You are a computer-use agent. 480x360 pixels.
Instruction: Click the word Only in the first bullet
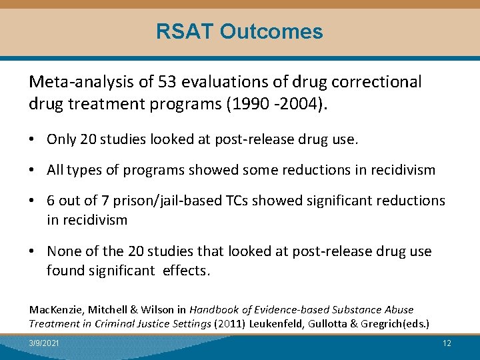[x=61, y=139]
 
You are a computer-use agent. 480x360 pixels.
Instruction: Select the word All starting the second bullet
[x=55, y=170]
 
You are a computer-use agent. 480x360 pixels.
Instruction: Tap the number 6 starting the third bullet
[x=51, y=201]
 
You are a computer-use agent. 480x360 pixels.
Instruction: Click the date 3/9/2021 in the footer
[x=43, y=343]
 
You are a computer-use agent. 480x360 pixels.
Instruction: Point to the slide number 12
[x=447, y=343]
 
